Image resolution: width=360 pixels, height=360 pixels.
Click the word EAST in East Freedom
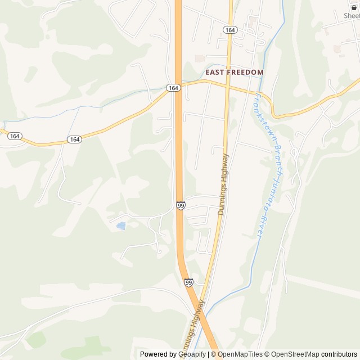click(215, 73)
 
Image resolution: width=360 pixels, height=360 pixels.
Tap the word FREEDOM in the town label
click(245, 73)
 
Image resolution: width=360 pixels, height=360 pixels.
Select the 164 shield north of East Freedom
click(229, 29)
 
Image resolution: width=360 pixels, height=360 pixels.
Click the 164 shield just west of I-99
click(173, 88)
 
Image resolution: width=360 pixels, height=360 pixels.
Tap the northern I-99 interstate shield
click(181, 206)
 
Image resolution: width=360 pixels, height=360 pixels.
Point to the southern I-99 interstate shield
click(188, 282)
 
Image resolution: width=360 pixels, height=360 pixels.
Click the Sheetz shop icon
click(354, 7)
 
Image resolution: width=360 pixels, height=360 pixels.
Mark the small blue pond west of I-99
click(121, 226)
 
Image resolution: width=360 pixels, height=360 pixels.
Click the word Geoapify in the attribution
click(192, 354)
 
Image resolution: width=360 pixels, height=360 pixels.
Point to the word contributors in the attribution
click(339, 354)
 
